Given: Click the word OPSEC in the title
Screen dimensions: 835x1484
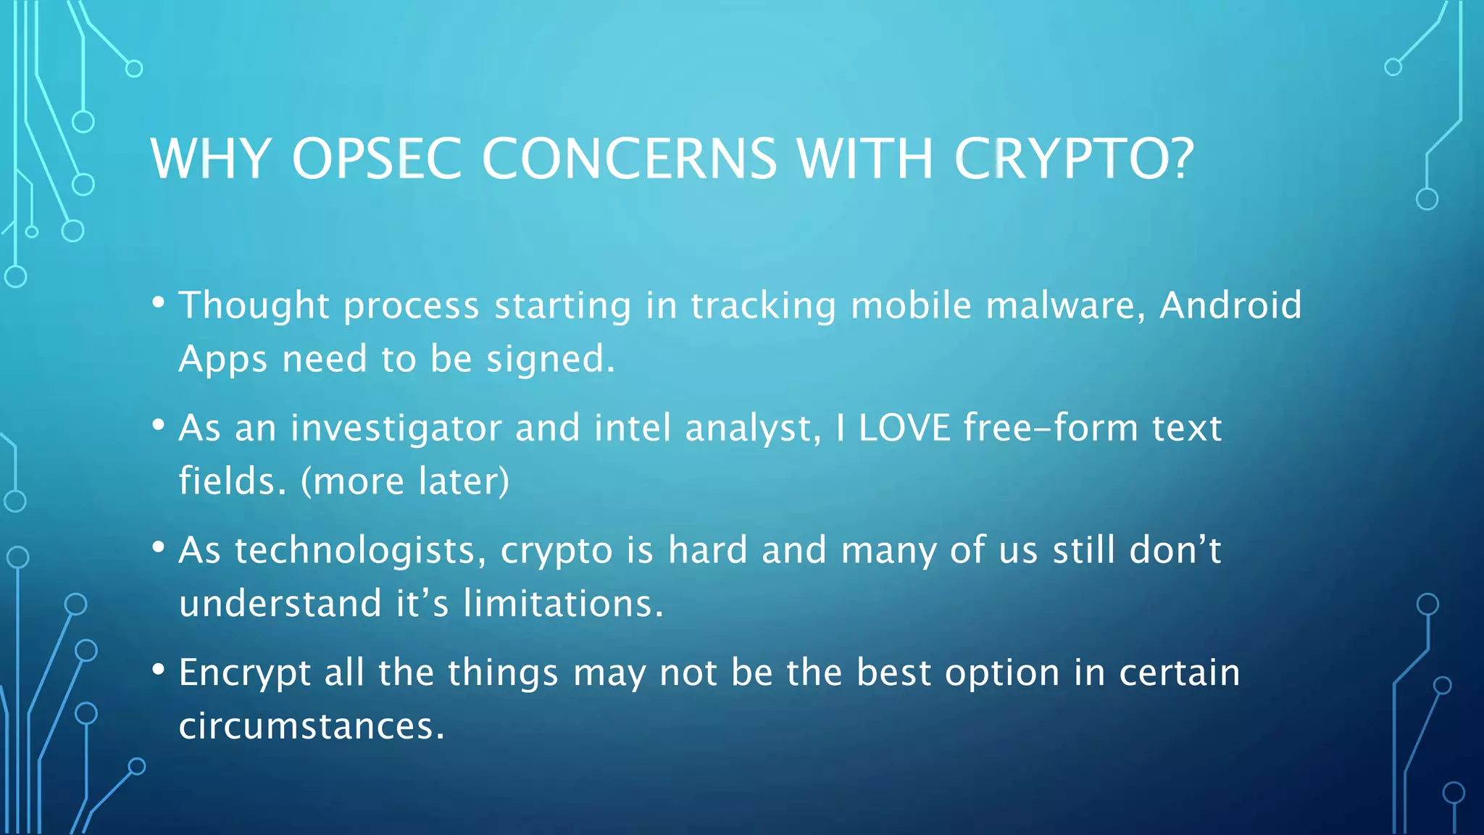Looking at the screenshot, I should (376, 158).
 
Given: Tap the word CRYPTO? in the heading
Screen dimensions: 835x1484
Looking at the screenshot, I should (1074, 158).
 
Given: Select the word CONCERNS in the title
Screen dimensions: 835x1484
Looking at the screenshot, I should (629, 158).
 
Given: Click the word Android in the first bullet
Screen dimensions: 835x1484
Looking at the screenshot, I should (1230, 305).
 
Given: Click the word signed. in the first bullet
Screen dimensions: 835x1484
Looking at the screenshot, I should (551, 360).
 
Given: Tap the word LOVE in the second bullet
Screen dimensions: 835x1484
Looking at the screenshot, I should (904, 428).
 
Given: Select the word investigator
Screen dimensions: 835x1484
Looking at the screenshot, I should (396, 428).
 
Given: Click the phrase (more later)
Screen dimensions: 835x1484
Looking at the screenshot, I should (405, 481).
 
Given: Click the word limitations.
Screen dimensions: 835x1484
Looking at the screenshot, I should (563, 604).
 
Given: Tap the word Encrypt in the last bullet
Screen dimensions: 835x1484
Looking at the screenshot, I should (245, 673).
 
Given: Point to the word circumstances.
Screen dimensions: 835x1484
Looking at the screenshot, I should (312, 726).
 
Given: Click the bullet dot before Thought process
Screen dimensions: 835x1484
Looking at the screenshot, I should (159, 302).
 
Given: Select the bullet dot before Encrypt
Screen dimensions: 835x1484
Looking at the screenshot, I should (159, 669).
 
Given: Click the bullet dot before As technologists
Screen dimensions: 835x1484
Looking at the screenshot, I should (159, 547).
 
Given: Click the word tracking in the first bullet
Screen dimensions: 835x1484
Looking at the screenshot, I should (763, 305).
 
